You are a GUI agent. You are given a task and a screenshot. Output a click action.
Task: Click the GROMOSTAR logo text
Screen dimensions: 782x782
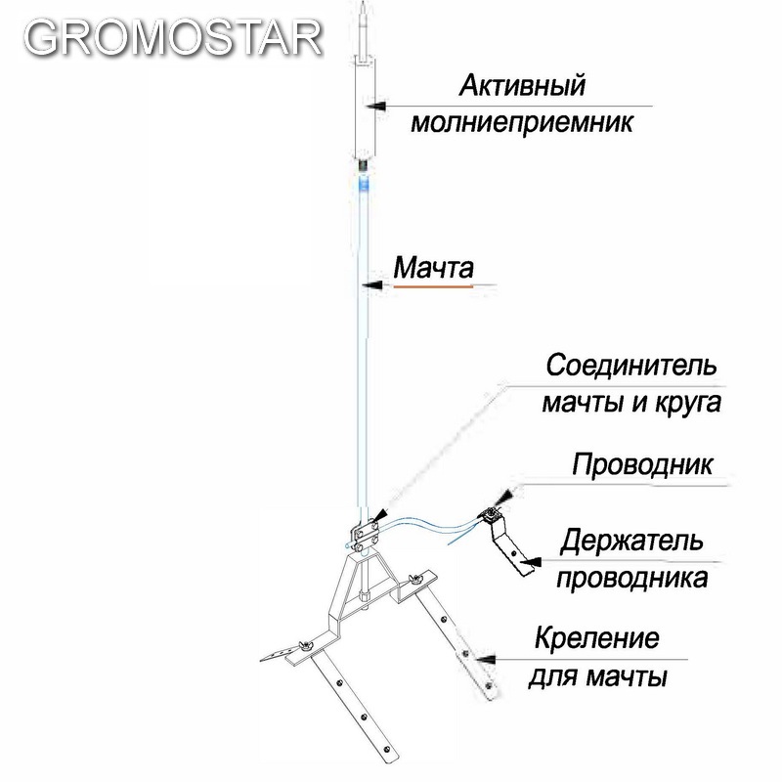tap(173, 38)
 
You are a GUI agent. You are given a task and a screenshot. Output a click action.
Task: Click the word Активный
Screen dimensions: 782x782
tap(522, 85)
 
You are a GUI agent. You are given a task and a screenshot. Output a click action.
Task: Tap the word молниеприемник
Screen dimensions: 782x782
tap(522, 122)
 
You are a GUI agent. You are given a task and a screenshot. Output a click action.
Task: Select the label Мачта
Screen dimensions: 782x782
tap(433, 268)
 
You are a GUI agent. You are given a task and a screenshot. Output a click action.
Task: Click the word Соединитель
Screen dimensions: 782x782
tap(631, 365)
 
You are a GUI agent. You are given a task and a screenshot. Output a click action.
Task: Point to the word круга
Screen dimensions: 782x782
tap(687, 403)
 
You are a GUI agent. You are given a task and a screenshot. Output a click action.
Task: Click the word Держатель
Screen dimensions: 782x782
tap(631, 541)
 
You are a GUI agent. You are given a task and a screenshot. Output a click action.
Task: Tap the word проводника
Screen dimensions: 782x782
tap(632, 579)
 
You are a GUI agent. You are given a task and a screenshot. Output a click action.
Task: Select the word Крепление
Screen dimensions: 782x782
tap(597, 638)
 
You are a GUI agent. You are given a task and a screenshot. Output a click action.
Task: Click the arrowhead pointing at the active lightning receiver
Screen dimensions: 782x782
tap(376, 107)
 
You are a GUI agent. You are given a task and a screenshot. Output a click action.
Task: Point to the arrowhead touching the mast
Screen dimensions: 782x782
tap(372, 285)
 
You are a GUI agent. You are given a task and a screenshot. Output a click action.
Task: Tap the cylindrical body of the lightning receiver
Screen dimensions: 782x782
tap(366, 108)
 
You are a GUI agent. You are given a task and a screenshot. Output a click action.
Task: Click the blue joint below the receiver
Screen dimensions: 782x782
tap(364, 184)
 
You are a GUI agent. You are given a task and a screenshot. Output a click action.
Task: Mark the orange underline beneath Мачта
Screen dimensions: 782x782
tap(433, 286)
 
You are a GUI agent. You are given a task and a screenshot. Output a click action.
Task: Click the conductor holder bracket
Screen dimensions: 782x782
tap(506, 541)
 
